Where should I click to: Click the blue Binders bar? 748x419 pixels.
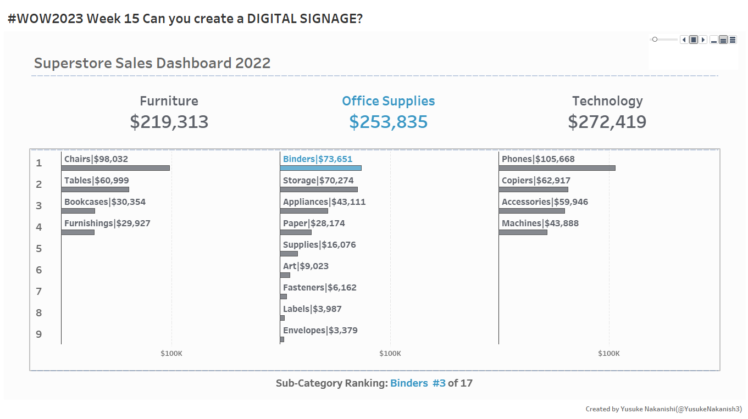point(320,168)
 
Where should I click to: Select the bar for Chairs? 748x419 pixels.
point(115,168)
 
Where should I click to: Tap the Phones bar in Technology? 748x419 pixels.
point(557,168)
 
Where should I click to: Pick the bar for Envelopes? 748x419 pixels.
point(282,339)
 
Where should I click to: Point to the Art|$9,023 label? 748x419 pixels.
point(306,266)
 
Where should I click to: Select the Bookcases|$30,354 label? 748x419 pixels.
point(105,202)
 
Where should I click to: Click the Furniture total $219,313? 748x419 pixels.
point(169,122)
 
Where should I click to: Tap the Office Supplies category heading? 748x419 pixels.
point(388,101)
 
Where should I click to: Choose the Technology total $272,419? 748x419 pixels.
point(607,122)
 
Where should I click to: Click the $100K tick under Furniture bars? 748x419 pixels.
point(171,354)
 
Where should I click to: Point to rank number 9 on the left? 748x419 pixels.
point(38,334)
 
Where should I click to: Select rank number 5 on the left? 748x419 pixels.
point(38,249)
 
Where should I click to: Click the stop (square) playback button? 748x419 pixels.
point(694,40)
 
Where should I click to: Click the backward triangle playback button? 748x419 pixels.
point(684,40)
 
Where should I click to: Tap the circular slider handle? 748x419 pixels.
point(655,40)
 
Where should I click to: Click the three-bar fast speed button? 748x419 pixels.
point(733,40)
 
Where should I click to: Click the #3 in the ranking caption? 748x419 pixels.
point(439,383)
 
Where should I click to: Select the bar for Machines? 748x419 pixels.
point(523,232)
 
